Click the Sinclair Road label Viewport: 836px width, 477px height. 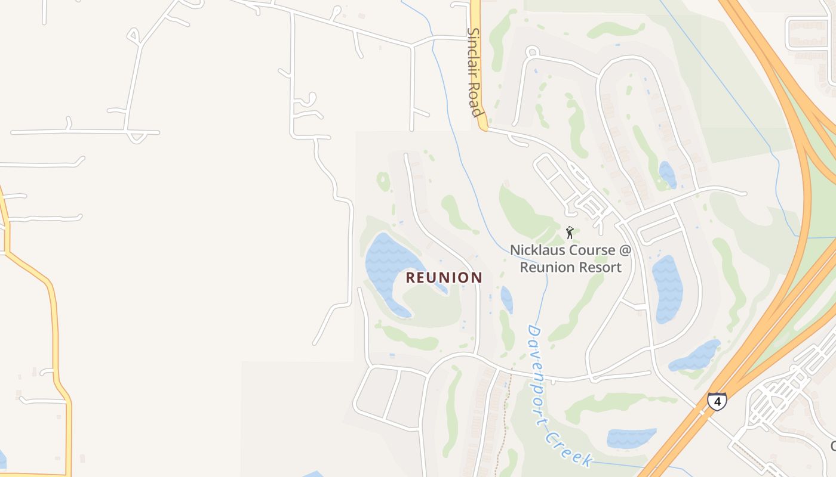pos(474,72)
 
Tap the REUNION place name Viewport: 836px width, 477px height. pos(444,278)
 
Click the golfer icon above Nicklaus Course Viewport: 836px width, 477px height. pos(570,233)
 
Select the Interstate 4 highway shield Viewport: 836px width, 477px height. pos(717,401)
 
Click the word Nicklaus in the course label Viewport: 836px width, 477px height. pos(537,250)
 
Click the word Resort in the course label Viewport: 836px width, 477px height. pos(601,267)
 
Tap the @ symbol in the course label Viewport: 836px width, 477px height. pos(624,250)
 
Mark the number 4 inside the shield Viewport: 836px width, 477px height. pos(717,402)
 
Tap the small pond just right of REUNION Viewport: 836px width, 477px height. pos(506,299)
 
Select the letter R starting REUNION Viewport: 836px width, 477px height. pos(411,278)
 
